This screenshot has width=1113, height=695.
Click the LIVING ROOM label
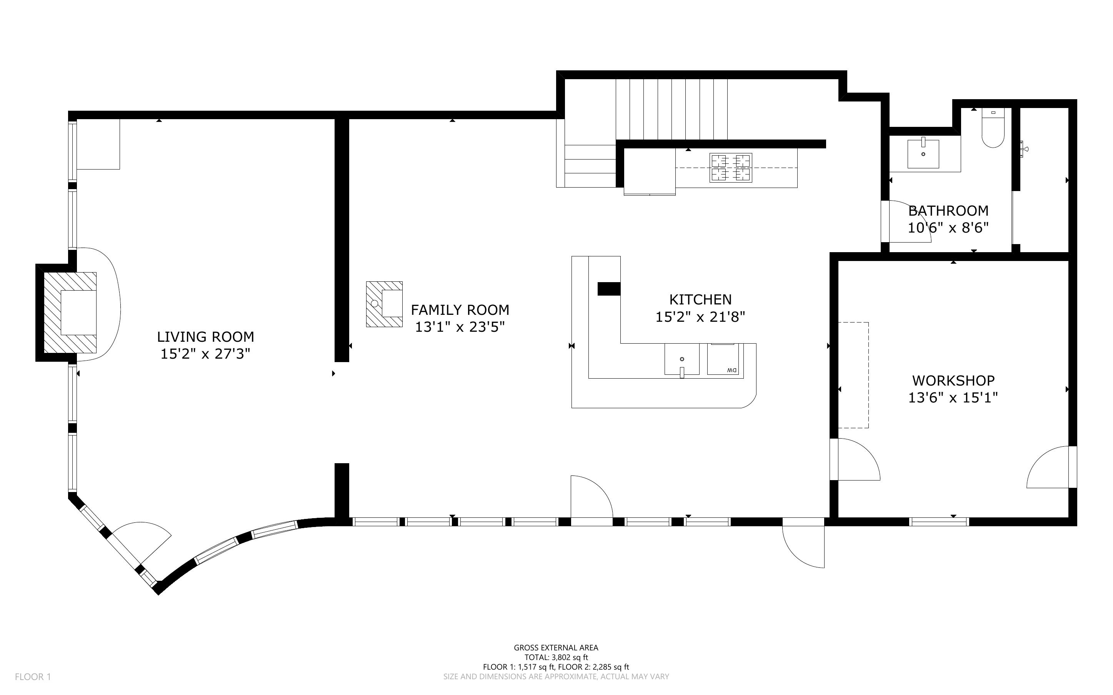[205, 337]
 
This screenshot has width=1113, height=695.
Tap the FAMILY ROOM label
[460, 310]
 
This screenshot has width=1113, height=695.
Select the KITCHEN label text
[700, 300]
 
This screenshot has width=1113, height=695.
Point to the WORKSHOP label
[953, 381]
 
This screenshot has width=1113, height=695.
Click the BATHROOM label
[948, 211]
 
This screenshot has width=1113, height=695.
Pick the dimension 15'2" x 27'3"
[205, 354]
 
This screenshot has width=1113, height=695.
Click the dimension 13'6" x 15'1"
[953, 397]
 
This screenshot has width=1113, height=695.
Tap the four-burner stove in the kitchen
[730, 168]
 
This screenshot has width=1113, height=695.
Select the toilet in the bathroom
[993, 127]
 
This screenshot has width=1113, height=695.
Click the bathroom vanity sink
[923, 153]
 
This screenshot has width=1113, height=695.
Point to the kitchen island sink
[682, 360]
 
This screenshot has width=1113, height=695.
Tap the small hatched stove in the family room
[384, 304]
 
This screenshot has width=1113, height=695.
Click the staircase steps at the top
[671, 109]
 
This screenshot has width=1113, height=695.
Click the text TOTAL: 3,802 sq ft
[556, 657]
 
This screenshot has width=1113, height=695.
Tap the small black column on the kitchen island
[609, 289]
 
